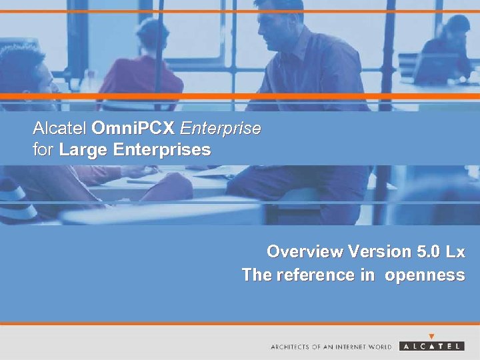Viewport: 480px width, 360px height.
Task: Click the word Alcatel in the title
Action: (x=60, y=128)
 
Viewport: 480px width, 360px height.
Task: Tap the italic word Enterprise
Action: (x=220, y=128)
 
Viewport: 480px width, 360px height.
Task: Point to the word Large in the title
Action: (x=84, y=150)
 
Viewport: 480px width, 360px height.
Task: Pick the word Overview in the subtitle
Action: (x=303, y=252)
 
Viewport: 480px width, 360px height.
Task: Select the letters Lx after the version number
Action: (x=455, y=252)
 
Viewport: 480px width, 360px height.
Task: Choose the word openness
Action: (x=424, y=275)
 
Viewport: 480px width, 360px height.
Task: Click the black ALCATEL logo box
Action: (x=432, y=346)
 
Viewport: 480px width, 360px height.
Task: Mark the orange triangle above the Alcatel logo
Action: (x=432, y=337)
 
